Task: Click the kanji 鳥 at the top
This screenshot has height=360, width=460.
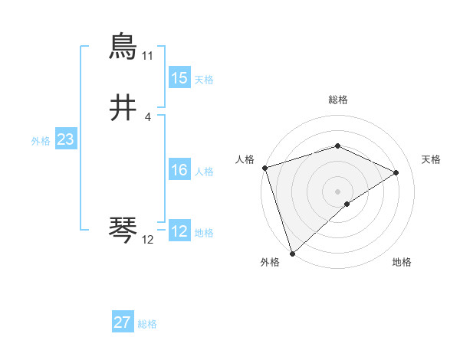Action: (123, 47)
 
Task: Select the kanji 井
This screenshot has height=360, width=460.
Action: (123, 108)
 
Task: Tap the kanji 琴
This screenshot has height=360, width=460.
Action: (123, 230)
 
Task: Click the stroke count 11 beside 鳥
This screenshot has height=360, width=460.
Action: (147, 57)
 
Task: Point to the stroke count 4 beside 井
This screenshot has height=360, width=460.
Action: (147, 117)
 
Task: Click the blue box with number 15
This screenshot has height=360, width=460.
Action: (179, 78)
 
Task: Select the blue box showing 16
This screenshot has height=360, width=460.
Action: (179, 170)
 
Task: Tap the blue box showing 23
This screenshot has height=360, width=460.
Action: (65, 139)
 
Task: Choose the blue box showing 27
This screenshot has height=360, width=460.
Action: (122, 322)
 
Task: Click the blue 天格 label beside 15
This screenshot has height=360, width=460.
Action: (203, 80)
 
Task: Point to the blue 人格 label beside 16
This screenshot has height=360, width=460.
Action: (203, 172)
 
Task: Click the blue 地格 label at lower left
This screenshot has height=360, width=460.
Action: (203, 233)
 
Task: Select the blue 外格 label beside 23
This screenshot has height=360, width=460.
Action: (41, 141)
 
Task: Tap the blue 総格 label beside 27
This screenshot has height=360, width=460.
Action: (147, 324)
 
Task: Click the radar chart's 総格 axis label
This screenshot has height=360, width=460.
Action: (337, 100)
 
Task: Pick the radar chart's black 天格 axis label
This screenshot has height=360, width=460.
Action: (432, 159)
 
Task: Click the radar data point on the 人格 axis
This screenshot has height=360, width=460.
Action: (264, 168)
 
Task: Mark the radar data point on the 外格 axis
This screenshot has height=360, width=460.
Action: (292, 253)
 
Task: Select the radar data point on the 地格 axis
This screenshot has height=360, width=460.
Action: (347, 204)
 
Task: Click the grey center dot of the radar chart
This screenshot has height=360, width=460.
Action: (337, 191)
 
